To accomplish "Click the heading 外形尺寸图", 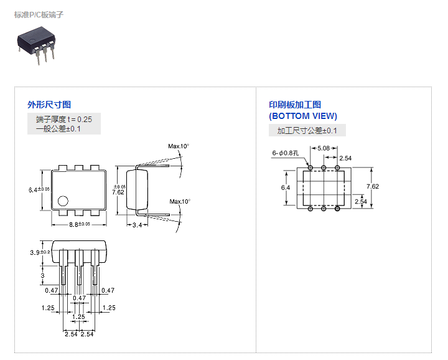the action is [49, 105].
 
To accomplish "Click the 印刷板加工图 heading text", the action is [295, 105].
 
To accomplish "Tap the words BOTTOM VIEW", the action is [303, 116].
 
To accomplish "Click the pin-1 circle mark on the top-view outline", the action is [63, 201].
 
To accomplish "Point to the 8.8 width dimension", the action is [80, 224].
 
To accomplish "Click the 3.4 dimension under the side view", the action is [137, 225].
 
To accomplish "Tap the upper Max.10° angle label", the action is [179, 146].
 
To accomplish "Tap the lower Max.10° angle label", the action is [180, 202].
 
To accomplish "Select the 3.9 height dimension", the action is [40, 252].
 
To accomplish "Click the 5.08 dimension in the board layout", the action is [324, 148].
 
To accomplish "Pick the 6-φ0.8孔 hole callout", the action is [286, 153].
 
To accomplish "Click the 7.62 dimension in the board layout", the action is [373, 186].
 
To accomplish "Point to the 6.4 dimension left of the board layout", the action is [286, 187].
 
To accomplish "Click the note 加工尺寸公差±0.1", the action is [307, 131].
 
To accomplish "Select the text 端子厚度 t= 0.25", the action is [64, 119].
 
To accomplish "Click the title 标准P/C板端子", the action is [39, 14].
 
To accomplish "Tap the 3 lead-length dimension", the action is [42, 275].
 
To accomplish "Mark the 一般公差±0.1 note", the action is [58, 129].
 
